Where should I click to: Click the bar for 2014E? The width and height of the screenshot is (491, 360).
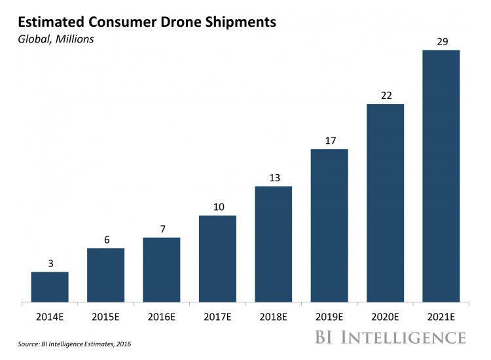click(50, 287)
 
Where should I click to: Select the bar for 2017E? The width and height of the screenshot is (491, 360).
click(217, 259)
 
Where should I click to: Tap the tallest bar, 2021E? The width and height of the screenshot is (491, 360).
click(441, 176)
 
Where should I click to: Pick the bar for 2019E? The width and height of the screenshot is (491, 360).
click(329, 226)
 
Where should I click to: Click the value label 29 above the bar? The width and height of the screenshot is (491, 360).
click(441, 42)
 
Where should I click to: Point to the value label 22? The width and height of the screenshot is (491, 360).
click(386, 96)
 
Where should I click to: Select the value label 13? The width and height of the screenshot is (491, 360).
click(273, 178)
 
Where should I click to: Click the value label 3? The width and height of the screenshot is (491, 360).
click(50, 264)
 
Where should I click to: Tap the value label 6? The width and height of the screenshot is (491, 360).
click(105, 240)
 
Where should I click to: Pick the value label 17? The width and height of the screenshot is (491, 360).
click(329, 141)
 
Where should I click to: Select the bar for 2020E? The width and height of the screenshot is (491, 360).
click(386, 203)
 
